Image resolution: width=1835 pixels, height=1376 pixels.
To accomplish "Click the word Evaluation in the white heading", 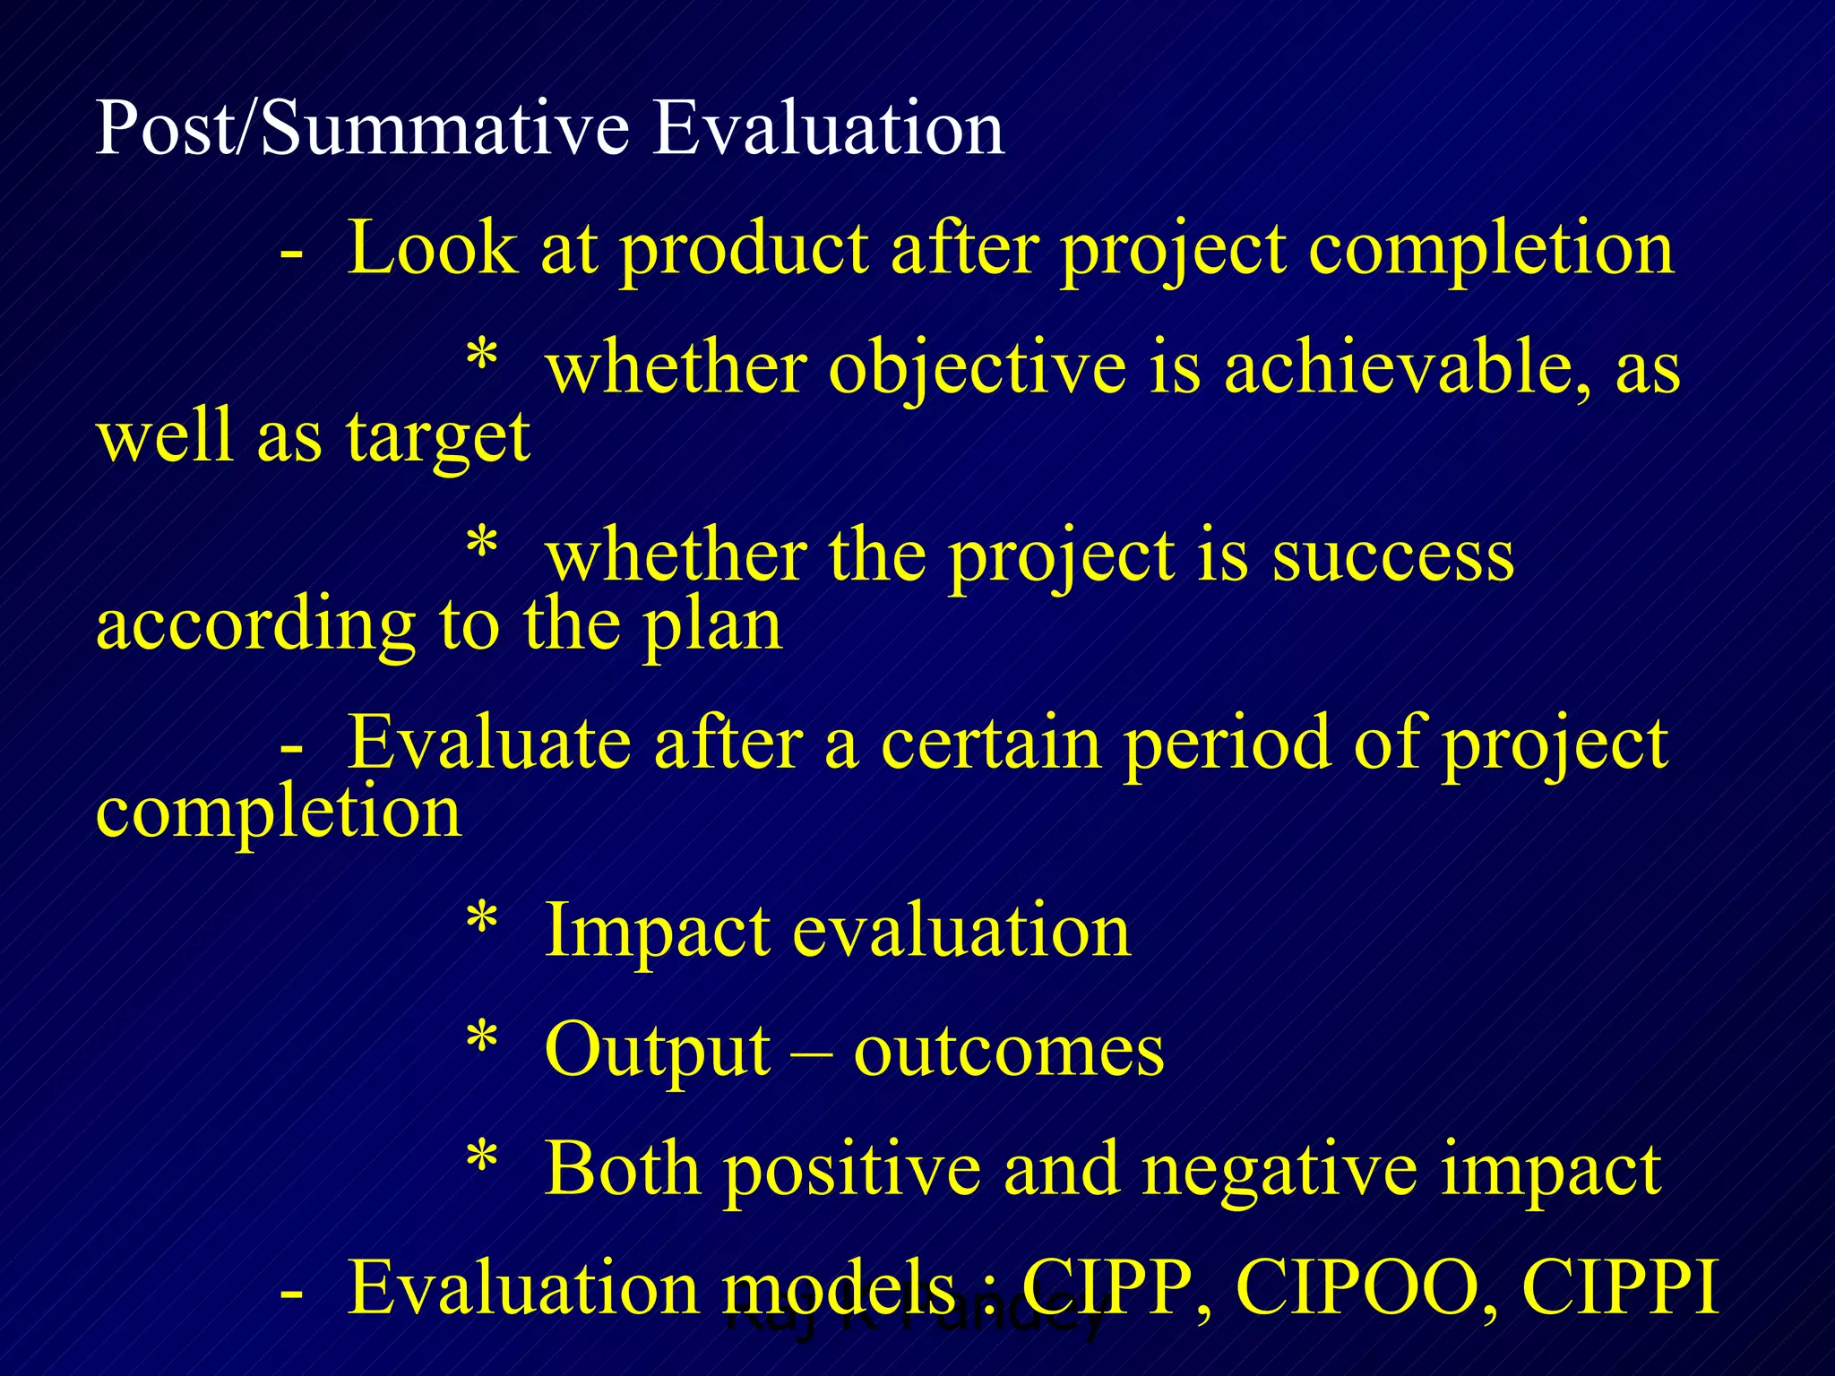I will point(828,128).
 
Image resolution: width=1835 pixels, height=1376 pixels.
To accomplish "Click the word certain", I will point(991,744).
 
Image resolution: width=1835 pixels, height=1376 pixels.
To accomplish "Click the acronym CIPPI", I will point(1621,1288).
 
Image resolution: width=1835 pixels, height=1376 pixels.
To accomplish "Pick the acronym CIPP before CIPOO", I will point(1108,1288).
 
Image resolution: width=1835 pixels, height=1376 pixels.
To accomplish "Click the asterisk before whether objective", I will point(482,357).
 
